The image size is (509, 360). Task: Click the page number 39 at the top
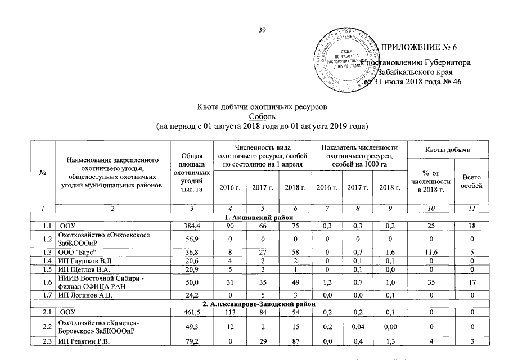click(x=262, y=30)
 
